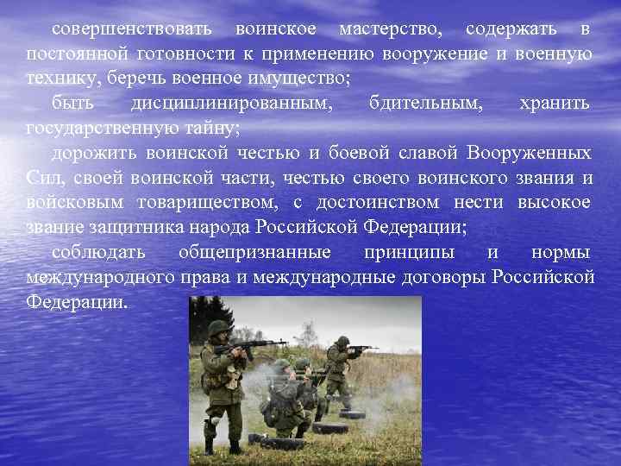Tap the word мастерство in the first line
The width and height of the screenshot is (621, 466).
pos(391,30)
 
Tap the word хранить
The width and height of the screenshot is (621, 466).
pos(555,104)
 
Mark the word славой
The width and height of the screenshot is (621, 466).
pos(427,154)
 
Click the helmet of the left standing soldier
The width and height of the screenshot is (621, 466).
pos(219,329)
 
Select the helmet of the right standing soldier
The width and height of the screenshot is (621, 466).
pos(342,343)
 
